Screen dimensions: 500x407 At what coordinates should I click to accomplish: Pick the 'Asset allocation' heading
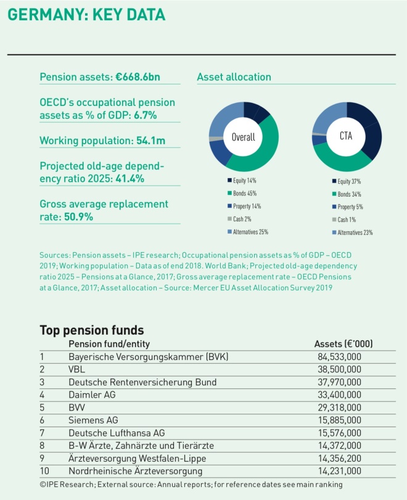[234, 78]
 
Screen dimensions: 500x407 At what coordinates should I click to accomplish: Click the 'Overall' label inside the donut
[244, 137]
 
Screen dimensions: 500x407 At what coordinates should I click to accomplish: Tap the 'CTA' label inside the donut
[346, 136]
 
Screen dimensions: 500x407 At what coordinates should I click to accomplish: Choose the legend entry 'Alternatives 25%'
[247, 232]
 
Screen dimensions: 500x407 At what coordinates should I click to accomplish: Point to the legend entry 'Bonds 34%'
[348, 195]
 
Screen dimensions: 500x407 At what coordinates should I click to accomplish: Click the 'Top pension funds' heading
[91, 330]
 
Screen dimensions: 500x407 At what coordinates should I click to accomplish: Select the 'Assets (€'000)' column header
[343, 344]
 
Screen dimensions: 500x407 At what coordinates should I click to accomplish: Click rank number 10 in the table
[44, 472]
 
